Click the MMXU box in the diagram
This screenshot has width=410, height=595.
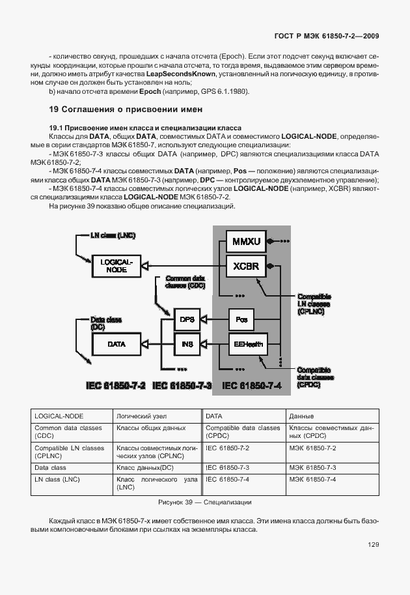click(247, 242)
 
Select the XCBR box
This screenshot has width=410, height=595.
click(247, 267)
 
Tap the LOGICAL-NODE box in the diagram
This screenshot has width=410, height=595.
click(116, 265)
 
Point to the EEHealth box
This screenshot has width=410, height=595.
click(247, 343)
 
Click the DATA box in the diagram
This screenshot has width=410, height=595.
click(116, 343)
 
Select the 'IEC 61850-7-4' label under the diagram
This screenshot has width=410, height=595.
click(251, 386)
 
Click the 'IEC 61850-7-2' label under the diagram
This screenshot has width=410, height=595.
click(115, 386)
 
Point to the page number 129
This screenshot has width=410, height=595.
click(373, 545)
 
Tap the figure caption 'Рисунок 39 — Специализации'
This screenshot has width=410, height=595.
click(205, 502)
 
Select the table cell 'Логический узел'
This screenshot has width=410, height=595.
click(138, 415)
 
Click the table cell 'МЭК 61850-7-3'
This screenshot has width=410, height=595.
click(312, 468)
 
